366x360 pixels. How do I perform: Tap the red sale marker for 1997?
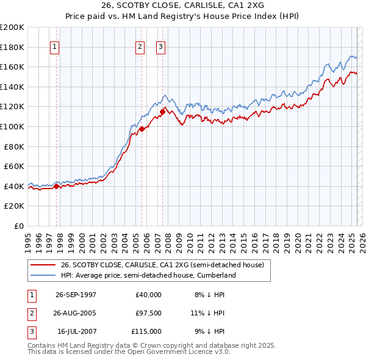pos(57,187)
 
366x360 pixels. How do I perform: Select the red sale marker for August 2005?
pos(142,129)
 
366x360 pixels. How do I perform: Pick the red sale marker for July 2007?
pos(163,111)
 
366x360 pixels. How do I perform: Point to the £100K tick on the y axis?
pos(12,126)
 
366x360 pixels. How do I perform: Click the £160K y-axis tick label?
pos(12,67)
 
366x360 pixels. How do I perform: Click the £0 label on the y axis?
pos(18,226)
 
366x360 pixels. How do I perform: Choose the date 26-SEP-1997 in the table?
pos(76,295)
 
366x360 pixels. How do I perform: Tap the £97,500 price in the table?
pos(148,313)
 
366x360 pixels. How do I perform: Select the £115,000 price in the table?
pos(146,331)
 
